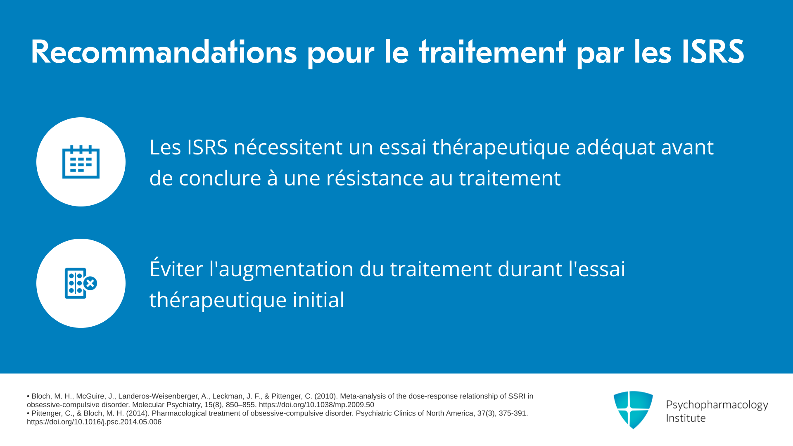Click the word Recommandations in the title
pyautogui.click(x=164, y=52)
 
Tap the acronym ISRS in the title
pyautogui.click(x=713, y=52)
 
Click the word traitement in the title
pyautogui.click(x=492, y=52)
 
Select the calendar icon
pyautogui.click(x=81, y=162)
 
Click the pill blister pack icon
pyautogui.click(x=81, y=283)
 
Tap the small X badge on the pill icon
pyautogui.click(x=90, y=283)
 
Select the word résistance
pyautogui.click(x=375, y=178)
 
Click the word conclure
pyautogui.click(x=220, y=178)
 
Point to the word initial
pyautogui.click(x=318, y=300)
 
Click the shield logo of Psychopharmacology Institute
pyautogui.click(x=633, y=410)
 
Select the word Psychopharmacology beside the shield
pyautogui.click(x=717, y=405)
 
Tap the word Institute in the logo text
pyautogui.click(x=686, y=418)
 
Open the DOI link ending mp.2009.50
pyautogui.click(x=316, y=405)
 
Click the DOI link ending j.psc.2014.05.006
pyautogui.click(x=94, y=422)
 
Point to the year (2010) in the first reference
pyautogui.click(x=325, y=396)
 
